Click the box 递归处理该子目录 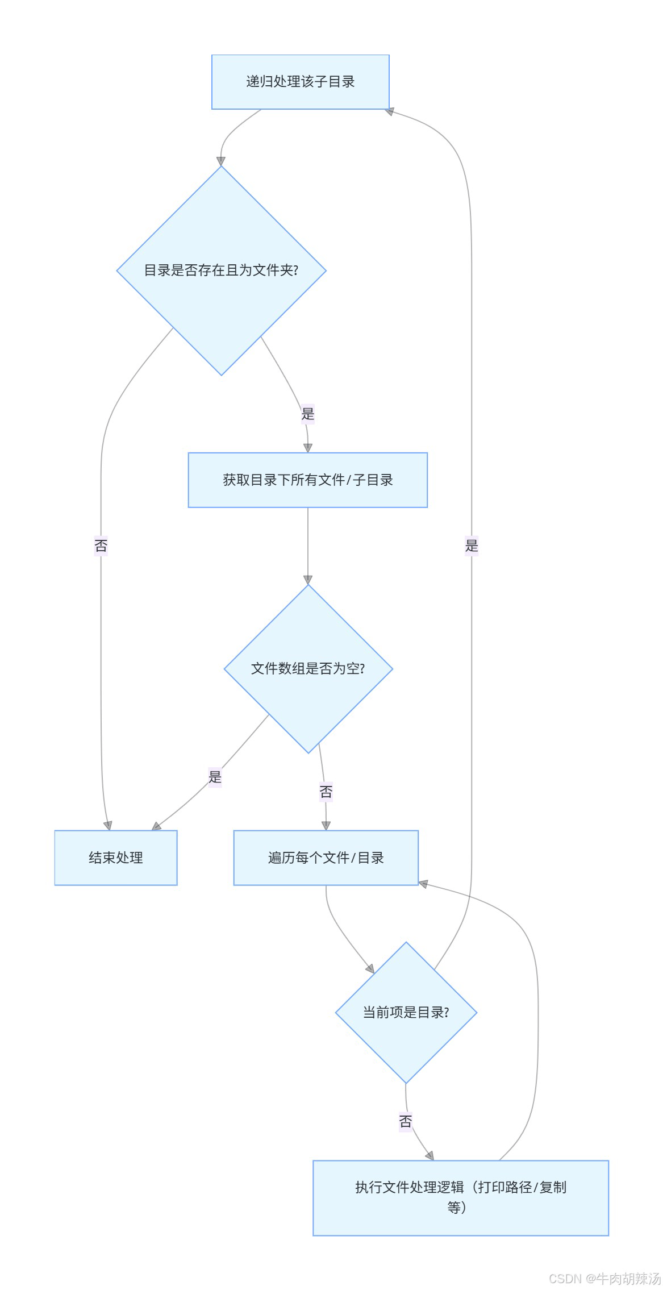coord(300,82)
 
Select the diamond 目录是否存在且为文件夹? coord(221,271)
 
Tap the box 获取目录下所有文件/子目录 coord(307,480)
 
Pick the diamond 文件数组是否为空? coord(308,669)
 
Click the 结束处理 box coord(116,858)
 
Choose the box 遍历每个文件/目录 coord(326,858)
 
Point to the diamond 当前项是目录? coord(406,1013)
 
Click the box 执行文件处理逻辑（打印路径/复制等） coord(460,1198)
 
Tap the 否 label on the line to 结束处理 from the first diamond coord(101,546)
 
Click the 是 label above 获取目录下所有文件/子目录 coord(308,414)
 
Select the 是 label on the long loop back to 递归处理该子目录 coord(472,546)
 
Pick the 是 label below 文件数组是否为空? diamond coord(215,777)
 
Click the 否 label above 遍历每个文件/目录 coord(326,792)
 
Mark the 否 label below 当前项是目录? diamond coord(406,1121)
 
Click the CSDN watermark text coord(604,1279)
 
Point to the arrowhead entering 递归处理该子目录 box coord(389,111)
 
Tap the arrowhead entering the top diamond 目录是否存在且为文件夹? coord(221,161)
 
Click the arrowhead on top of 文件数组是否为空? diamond coord(308,580)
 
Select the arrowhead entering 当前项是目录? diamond coord(370,969)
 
